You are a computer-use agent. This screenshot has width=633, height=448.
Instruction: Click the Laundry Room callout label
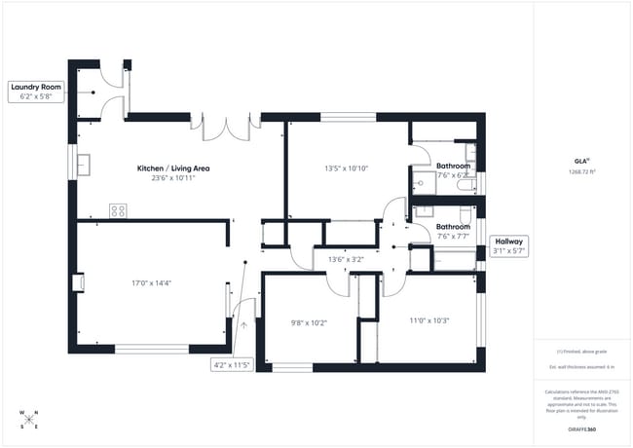coord(37,92)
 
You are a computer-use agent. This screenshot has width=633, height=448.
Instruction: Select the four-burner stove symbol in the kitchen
coord(119,209)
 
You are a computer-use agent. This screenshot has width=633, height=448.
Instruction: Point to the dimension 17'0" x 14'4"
coord(152,283)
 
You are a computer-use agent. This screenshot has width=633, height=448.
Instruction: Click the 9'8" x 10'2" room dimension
coord(309,321)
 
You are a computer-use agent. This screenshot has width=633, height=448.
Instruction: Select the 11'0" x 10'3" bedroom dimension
coord(428,320)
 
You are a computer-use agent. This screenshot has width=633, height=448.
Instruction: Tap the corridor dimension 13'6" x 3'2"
coord(346,259)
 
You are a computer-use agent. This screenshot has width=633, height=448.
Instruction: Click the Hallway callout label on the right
coord(510,245)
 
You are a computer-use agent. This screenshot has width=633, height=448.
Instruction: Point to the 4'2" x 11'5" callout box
coord(232,364)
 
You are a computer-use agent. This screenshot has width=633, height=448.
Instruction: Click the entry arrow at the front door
coord(243,324)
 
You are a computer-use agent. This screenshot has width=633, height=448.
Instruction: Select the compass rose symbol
coord(28,419)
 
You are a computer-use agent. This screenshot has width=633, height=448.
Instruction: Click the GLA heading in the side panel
coord(580,162)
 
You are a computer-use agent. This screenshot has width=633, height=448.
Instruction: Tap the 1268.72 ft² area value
coord(581,172)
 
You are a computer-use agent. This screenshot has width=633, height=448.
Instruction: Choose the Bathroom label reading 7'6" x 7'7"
coord(453,231)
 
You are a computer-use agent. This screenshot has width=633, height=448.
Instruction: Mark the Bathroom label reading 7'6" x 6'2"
coord(453,169)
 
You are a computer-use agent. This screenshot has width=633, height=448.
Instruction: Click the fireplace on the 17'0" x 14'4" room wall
coord(78,282)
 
